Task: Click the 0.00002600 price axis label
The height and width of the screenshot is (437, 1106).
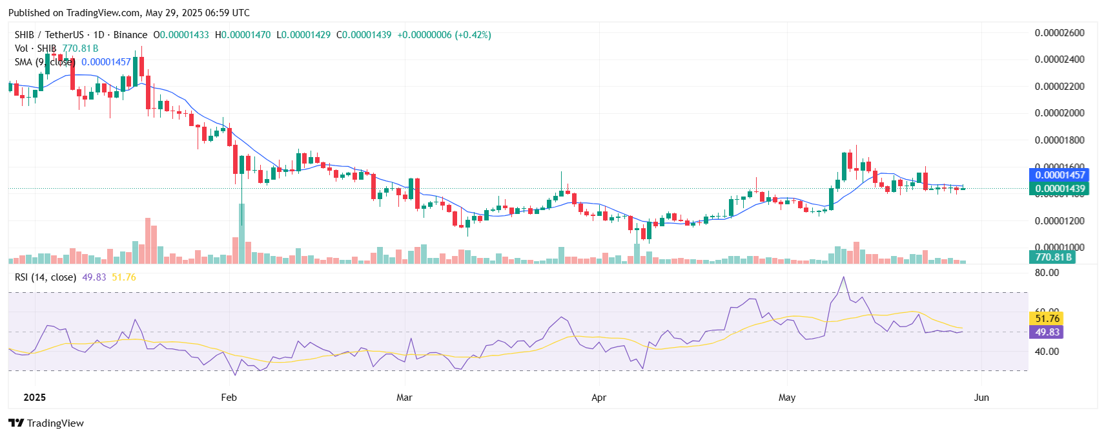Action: pos(1060,33)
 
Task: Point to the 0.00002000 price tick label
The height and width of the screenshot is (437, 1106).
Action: pos(1060,113)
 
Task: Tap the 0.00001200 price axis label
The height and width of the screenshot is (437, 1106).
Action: pos(1060,221)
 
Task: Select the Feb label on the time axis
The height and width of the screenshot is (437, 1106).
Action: pos(229,398)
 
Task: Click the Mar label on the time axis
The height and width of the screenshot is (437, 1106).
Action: pos(404,398)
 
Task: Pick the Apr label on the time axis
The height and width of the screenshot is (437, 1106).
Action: pos(599,398)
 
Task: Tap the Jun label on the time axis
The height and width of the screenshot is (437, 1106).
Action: pos(981,398)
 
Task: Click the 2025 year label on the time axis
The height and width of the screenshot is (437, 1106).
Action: pos(34,398)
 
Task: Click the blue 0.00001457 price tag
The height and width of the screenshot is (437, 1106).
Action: pos(1060,175)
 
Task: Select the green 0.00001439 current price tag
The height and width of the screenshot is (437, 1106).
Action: pos(1060,189)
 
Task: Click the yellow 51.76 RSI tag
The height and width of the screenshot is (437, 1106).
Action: pos(1047,318)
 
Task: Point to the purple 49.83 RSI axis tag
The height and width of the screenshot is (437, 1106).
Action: pos(1047,332)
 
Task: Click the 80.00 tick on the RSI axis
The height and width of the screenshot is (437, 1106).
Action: pos(1047,273)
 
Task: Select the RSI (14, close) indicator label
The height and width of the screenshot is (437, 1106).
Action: pos(45,277)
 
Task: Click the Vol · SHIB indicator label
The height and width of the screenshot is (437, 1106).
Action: pos(36,48)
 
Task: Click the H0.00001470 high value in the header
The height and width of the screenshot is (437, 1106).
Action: pos(243,35)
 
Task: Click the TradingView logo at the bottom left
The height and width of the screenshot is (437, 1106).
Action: pos(46,423)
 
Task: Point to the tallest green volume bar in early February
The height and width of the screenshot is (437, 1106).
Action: pos(242,233)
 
